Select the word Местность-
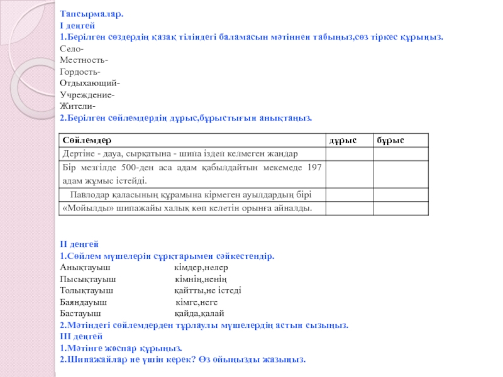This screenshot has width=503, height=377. click(x=84, y=60)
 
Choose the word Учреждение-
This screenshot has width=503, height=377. click(x=87, y=95)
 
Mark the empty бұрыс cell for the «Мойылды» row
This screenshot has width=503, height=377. click(x=401, y=208)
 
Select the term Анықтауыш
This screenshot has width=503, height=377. click(x=85, y=267)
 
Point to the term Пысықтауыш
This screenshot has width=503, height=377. click(x=88, y=278)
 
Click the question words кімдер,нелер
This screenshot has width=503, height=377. click(x=196, y=267)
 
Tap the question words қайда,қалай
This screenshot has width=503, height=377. click(x=199, y=313)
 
